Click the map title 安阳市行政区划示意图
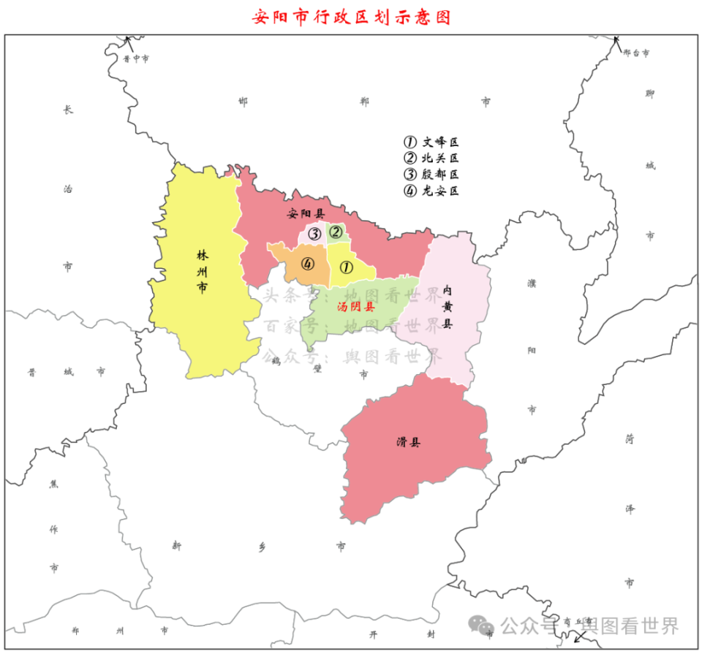(x=351, y=17)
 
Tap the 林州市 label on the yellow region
(x=202, y=271)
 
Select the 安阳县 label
(x=305, y=214)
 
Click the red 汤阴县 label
(x=356, y=308)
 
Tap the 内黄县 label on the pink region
(x=447, y=306)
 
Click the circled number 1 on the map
(x=347, y=267)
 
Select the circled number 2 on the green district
(x=336, y=232)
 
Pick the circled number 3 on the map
(x=314, y=235)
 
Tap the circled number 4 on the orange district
(x=308, y=264)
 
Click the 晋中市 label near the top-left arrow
(x=136, y=58)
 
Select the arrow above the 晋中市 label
(x=127, y=41)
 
